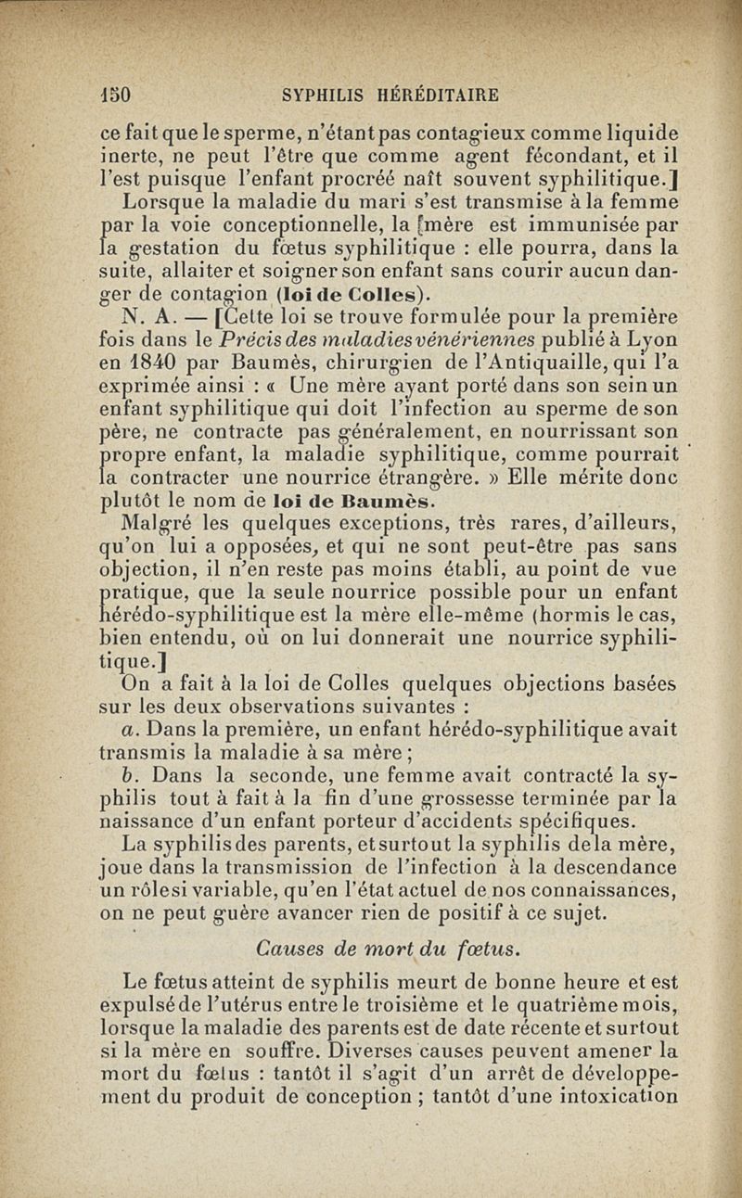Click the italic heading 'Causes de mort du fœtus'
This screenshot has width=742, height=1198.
pos(388,947)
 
